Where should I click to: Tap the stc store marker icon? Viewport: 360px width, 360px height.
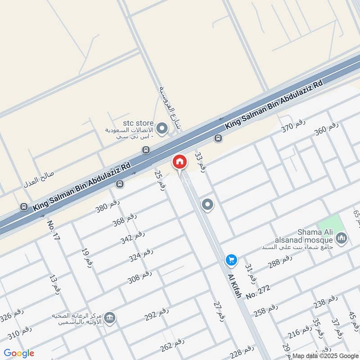[x=162, y=129]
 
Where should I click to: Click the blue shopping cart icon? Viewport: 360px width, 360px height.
[x=231, y=260]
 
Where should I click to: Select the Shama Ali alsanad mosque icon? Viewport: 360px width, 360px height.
[x=342, y=238]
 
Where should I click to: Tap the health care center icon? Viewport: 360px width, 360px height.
[x=109, y=319]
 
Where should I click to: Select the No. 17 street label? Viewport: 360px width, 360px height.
[x=54, y=231]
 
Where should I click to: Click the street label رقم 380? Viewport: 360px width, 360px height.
[x=108, y=205]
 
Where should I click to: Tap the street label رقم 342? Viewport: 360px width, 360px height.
[x=133, y=237]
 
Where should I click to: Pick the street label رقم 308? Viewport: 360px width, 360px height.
[x=140, y=277]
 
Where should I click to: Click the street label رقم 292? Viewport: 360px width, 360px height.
[x=157, y=314]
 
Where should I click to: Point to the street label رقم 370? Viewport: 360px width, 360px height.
[x=294, y=127]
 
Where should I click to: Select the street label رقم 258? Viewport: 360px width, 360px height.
[x=265, y=310]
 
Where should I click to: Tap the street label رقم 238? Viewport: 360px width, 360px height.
[x=325, y=302]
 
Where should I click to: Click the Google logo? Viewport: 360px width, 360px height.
[x=19, y=353]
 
